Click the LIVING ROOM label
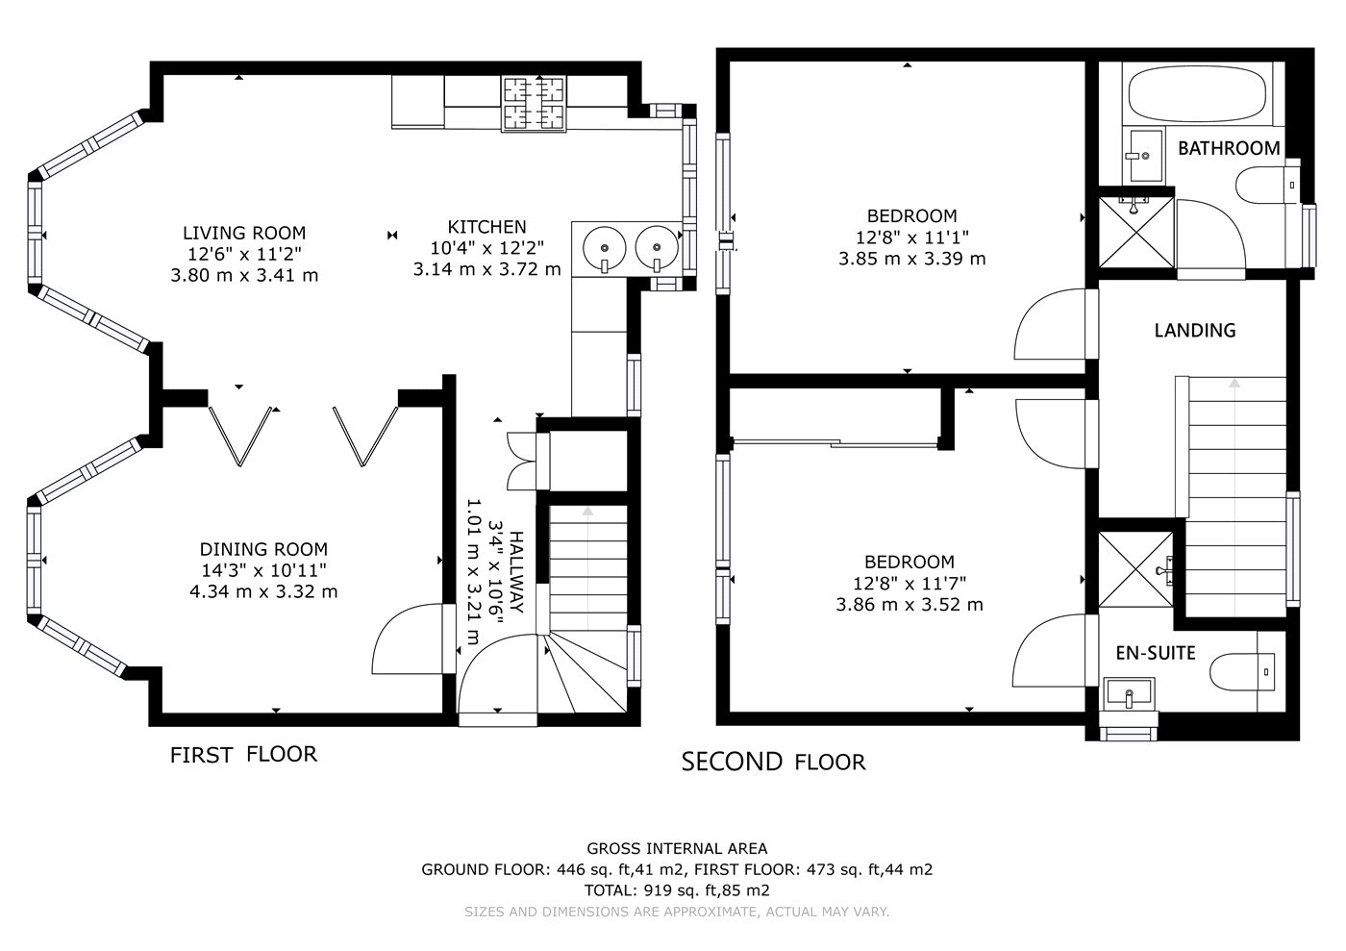(x=244, y=233)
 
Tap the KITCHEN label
(x=486, y=227)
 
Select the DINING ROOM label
(x=263, y=549)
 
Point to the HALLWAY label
(x=516, y=572)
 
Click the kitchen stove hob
(x=535, y=104)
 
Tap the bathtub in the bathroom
(x=1197, y=94)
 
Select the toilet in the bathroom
(x=1268, y=185)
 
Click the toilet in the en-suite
(x=1242, y=671)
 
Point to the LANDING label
(x=1194, y=330)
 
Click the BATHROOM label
(x=1229, y=148)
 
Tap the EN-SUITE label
(x=1156, y=653)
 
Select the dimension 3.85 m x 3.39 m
(x=912, y=259)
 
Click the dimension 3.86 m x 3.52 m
(x=910, y=604)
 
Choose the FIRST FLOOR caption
(x=243, y=755)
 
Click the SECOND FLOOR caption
(x=773, y=762)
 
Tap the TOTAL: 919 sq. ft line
(x=677, y=890)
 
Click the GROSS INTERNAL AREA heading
(x=677, y=848)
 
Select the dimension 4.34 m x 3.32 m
(x=263, y=591)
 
